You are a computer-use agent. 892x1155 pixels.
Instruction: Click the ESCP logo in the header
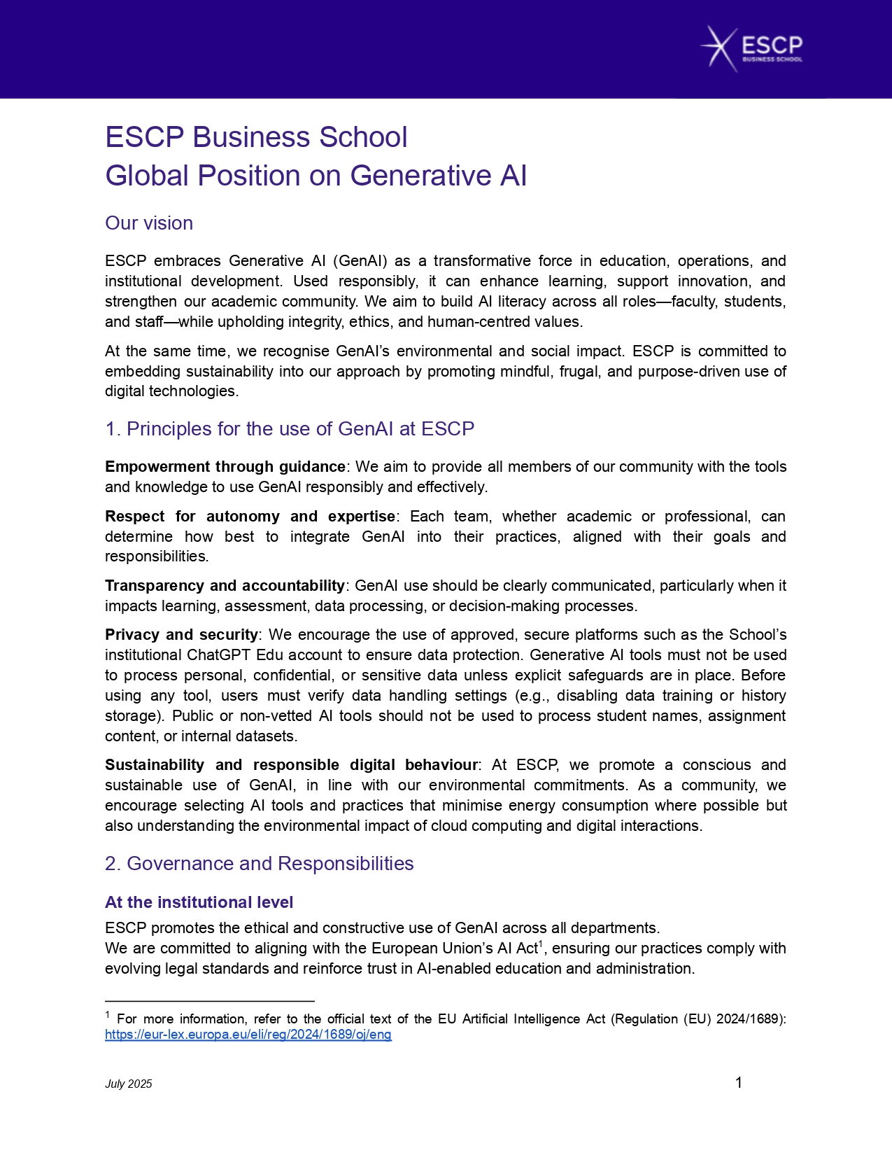(x=752, y=48)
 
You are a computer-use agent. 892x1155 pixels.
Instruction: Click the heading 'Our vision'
(x=149, y=223)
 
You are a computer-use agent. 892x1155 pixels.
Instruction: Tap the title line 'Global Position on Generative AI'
(x=316, y=176)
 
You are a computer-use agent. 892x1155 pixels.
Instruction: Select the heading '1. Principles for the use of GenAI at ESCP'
(x=290, y=429)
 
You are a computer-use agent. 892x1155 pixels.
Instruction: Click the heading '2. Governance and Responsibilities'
(x=259, y=864)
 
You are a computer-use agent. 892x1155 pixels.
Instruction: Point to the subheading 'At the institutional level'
(x=199, y=902)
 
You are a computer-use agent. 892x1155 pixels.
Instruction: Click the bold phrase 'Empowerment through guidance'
(x=225, y=467)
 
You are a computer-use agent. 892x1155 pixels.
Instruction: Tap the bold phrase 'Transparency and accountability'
(x=225, y=585)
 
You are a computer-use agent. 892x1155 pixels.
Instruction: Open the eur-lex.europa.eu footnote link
(x=248, y=1035)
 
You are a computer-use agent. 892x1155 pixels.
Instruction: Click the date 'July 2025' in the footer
(x=129, y=1084)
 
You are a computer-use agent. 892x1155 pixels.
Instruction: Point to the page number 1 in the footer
(x=739, y=1083)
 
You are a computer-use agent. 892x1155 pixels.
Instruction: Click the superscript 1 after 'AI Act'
(x=539, y=944)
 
